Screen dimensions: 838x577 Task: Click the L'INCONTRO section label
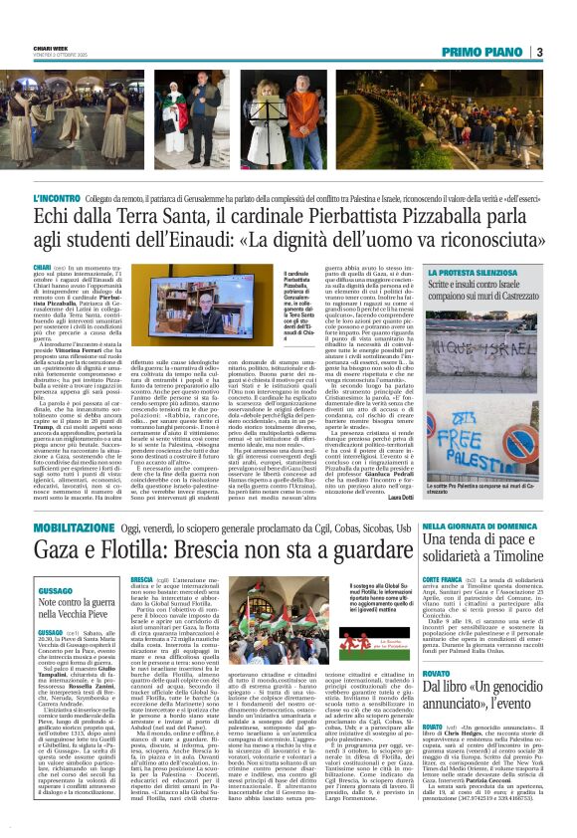73,199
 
